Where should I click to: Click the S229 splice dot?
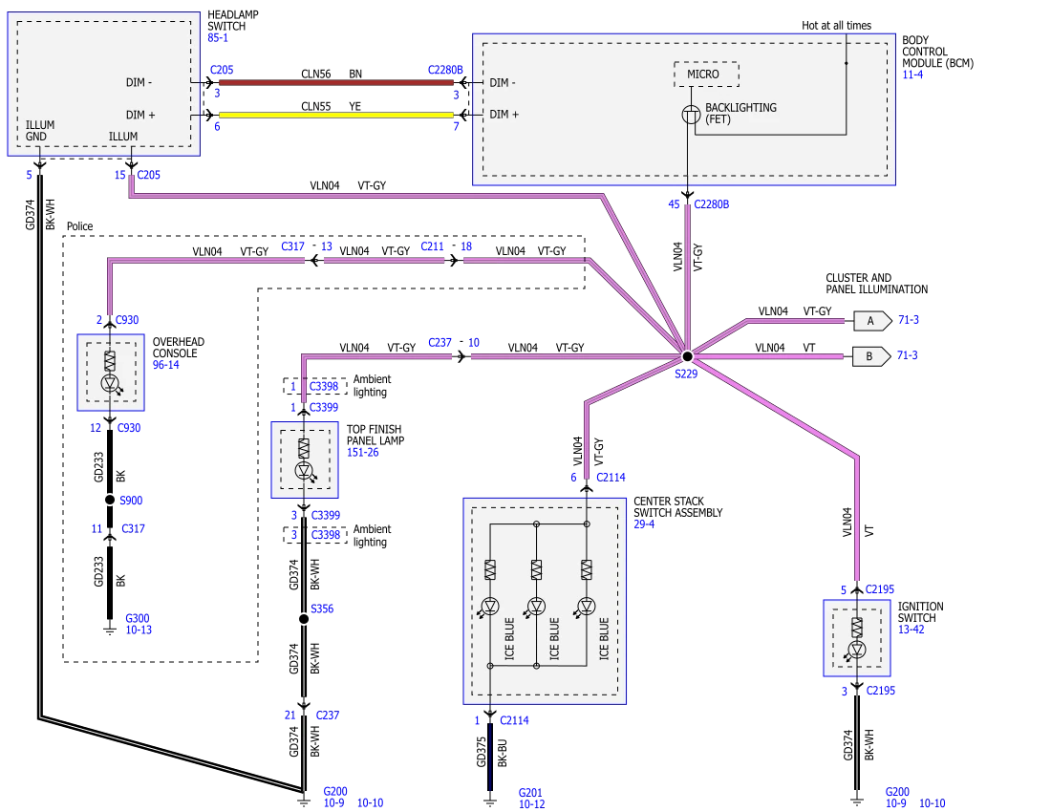[687, 356]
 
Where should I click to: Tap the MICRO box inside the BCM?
[706, 75]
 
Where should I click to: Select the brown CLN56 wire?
[336, 82]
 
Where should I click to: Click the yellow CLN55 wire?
[336, 115]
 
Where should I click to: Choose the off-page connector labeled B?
[871, 356]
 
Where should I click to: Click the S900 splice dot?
[110, 500]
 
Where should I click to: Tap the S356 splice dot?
[304, 618]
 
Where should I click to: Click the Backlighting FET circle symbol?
[691, 115]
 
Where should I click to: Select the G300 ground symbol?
[110, 629]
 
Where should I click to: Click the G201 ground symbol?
[490, 800]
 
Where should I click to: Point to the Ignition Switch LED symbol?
[857, 650]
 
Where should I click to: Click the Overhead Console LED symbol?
[110, 384]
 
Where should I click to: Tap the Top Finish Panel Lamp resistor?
[304, 448]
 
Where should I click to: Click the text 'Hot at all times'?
[837, 26]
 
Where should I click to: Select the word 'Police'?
[79, 226]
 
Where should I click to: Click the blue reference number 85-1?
[218, 38]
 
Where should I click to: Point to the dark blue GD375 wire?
[490, 757]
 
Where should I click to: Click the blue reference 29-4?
[644, 524]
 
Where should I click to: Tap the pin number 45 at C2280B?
[674, 204]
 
